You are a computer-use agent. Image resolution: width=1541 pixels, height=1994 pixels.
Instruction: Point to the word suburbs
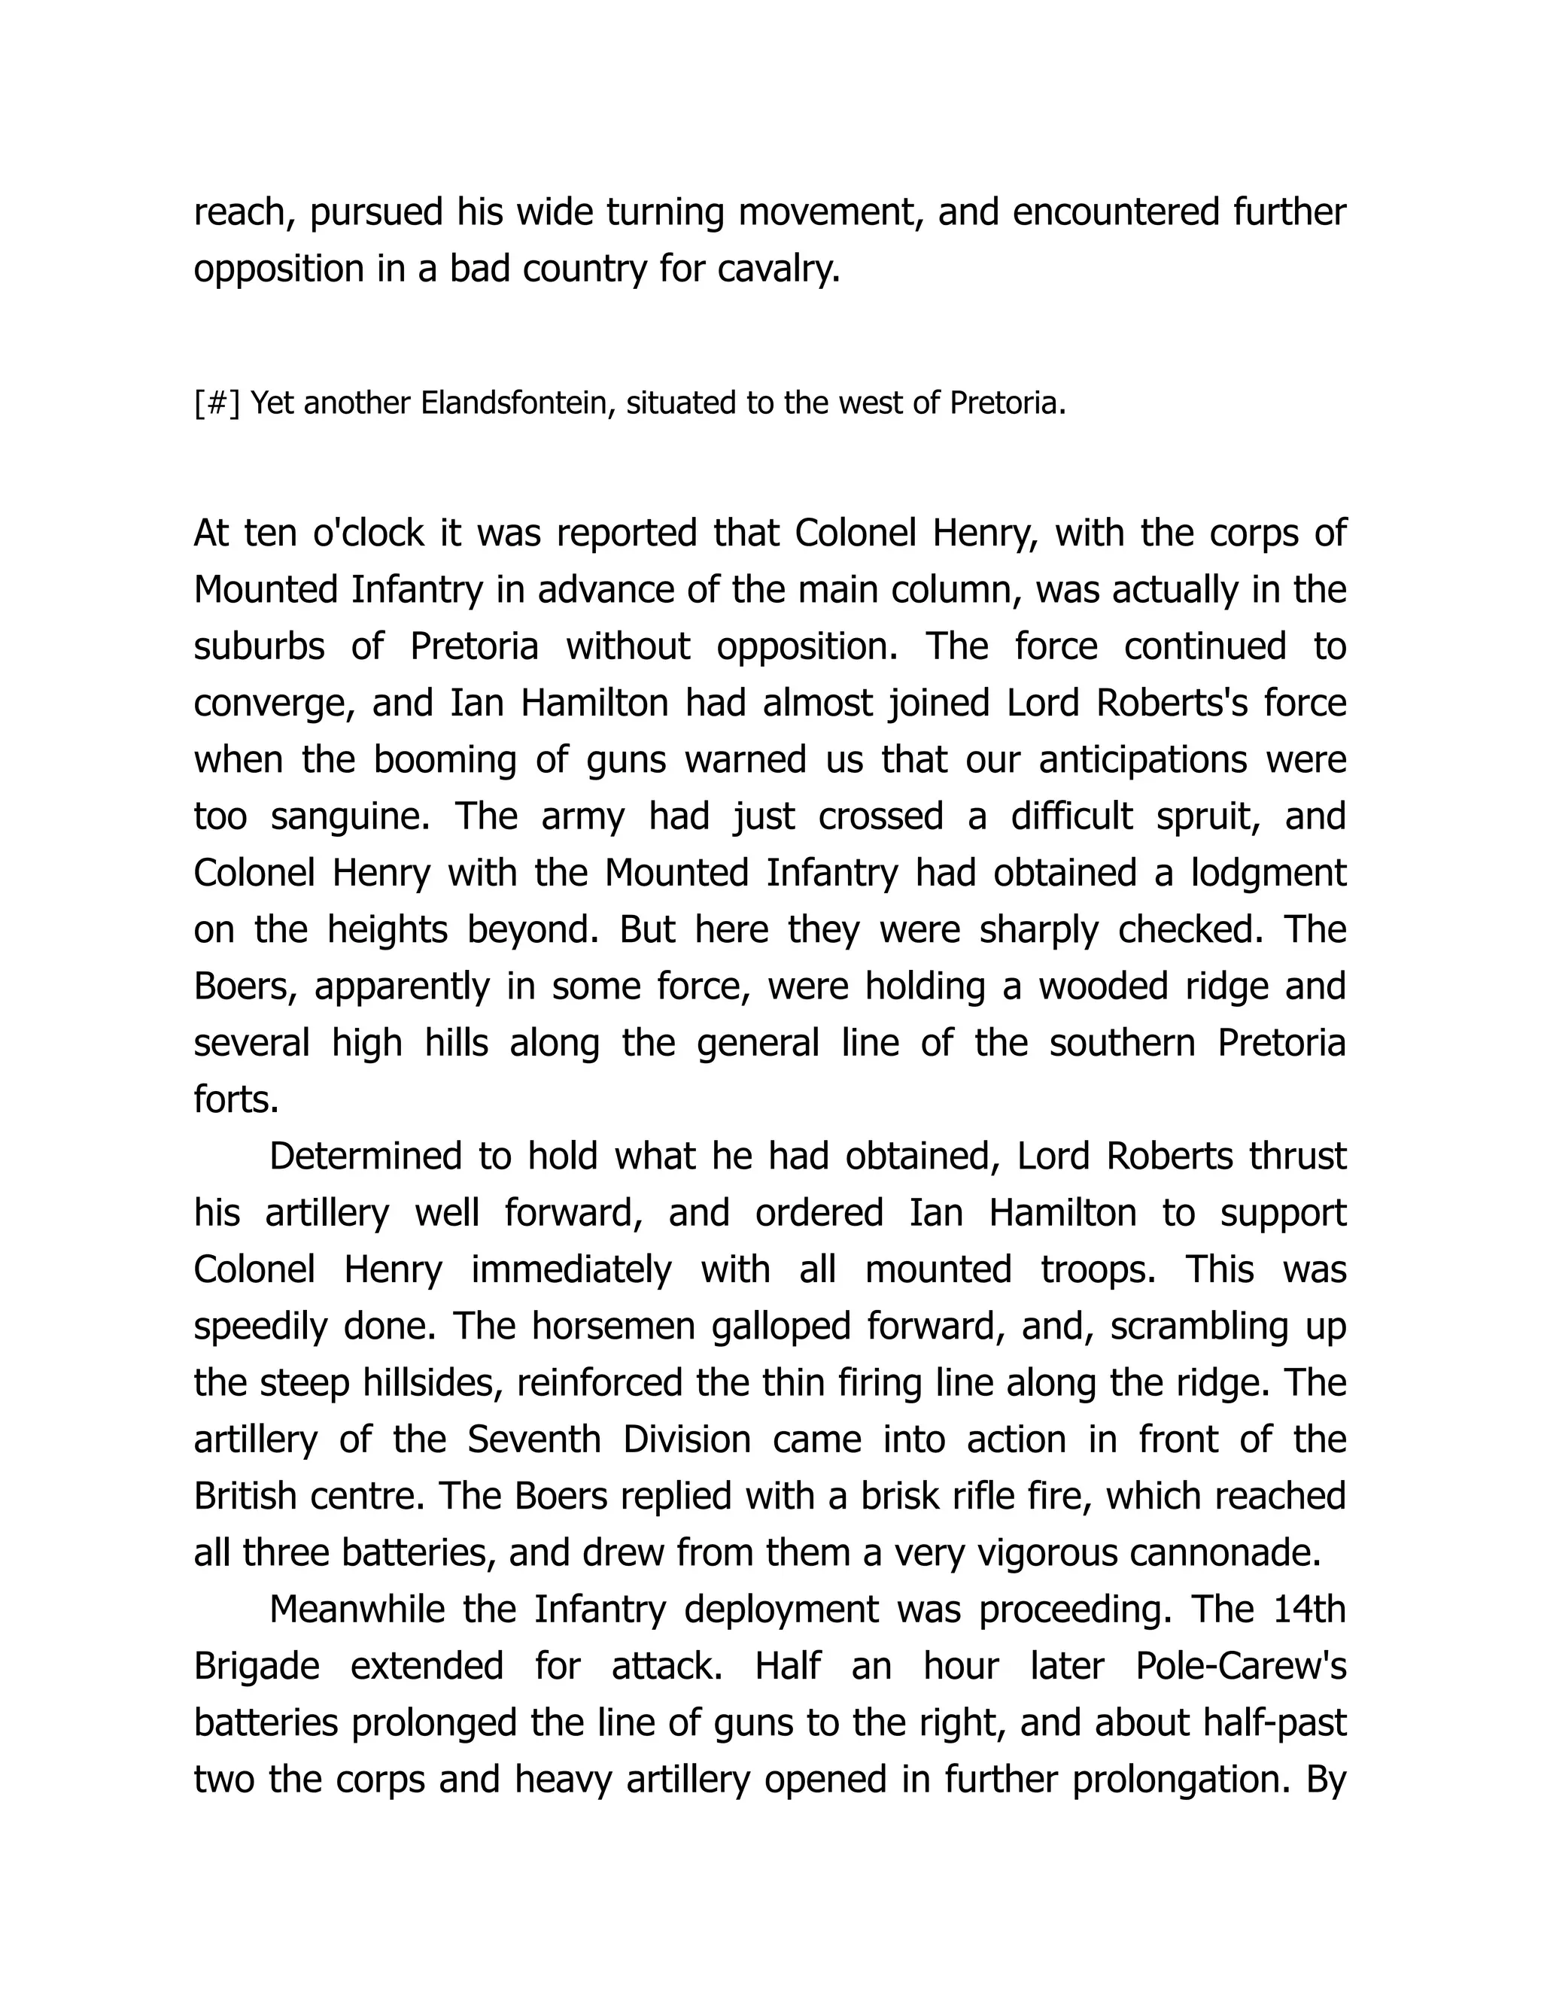pos(258,646)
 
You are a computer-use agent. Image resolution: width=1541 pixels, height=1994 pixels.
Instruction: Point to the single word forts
pos(236,1100)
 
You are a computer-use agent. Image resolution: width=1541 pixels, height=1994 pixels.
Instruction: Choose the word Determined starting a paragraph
pos(364,1157)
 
